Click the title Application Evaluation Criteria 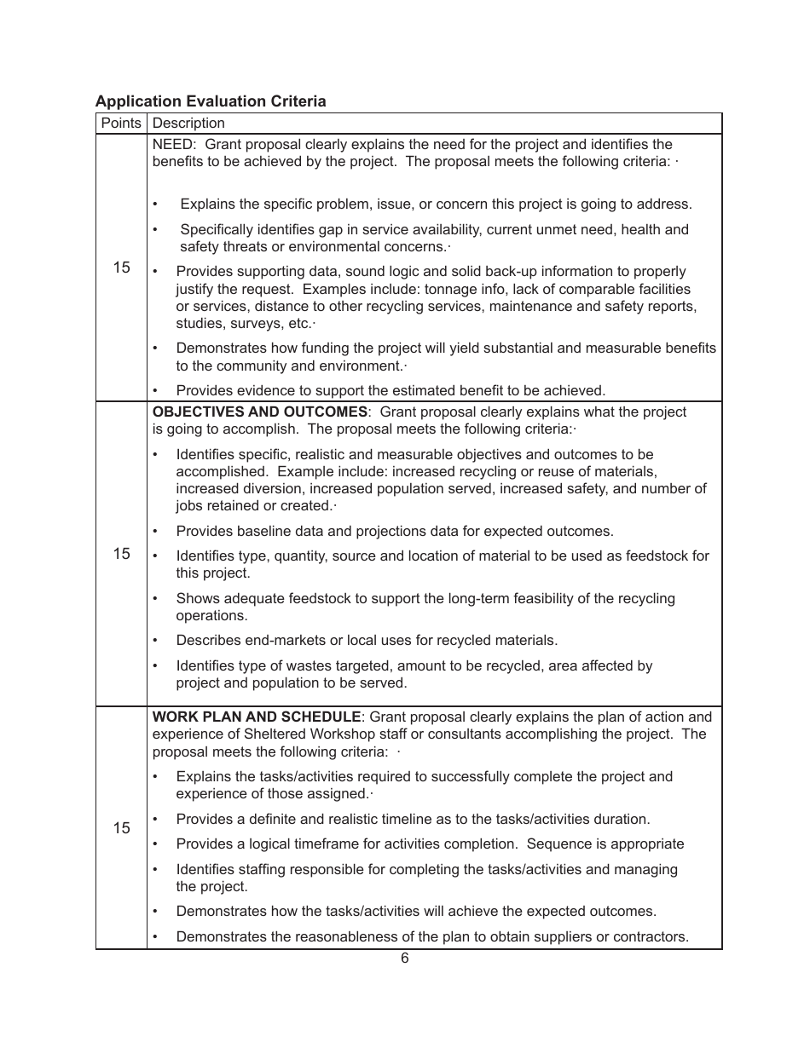coord(211,101)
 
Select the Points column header coord(121,124)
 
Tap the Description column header coord(188,124)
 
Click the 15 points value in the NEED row coord(121,268)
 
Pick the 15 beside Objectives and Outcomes coord(121,554)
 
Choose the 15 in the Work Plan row coord(121,828)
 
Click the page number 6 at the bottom coord(405,959)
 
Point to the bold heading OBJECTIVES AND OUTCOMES coord(259,412)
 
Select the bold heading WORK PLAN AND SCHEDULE coord(257,717)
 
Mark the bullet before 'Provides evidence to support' coord(155,391)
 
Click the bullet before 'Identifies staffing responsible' coord(155,870)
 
